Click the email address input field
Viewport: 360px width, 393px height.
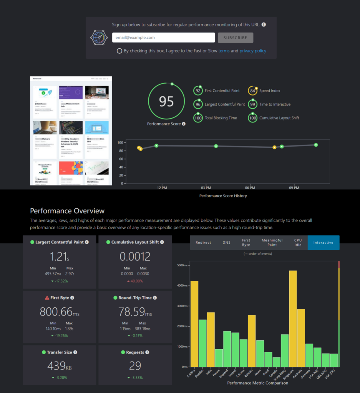click(x=163, y=38)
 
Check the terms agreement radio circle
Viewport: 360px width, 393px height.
click(x=119, y=51)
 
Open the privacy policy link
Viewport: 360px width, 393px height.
click(x=252, y=51)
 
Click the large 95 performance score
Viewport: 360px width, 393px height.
click(x=166, y=101)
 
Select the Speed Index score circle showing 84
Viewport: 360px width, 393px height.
click(x=252, y=91)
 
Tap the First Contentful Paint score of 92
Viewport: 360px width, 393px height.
click(x=198, y=91)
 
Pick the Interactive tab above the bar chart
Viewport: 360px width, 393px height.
click(x=324, y=243)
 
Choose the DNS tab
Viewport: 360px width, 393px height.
click(x=227, y=243)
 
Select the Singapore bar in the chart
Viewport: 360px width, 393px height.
click(x=293, y=319)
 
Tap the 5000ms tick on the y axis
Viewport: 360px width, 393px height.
click(x=182, y=265)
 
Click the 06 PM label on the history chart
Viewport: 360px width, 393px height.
click(x=250, y=188)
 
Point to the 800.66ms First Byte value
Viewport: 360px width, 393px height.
click(x=59, y=312)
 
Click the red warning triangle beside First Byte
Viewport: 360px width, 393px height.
click(x=47, y=298)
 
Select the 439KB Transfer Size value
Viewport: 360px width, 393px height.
click(x=59, y=366)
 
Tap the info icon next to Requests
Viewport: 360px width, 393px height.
click(x=147, y=352)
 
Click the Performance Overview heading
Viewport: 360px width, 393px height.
click(x=67, y=211)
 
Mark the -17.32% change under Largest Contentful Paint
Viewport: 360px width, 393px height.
click(x=59, y=281)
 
